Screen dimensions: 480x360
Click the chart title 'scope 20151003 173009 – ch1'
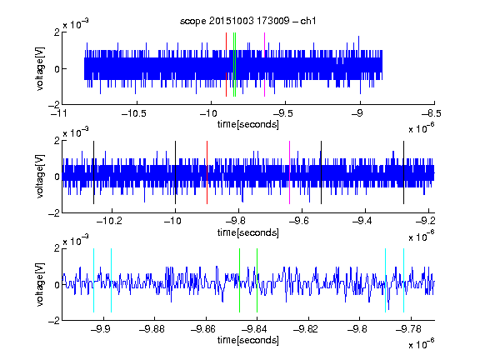(x=247, y=21)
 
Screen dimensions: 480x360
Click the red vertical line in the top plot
(x=226, y=65)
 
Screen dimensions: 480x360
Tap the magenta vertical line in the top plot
(x=264, y=65)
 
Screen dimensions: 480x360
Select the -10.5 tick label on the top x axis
(x=134, y=113)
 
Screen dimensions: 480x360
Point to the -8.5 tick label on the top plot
(x=432, y=113)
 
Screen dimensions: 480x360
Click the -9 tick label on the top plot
(x=357, y=113)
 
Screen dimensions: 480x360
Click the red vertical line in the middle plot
(x=207, y=172)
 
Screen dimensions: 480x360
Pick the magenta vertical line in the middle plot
(x=290, y=172)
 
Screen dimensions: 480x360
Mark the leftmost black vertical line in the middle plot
(x=93, y=172)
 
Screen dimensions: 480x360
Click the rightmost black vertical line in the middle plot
(x=404, y=172)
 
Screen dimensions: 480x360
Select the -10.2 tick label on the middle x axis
(x=109, y=221)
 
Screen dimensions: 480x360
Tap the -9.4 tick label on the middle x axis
(x=362, y=221)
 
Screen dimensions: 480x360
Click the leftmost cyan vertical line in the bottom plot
(x=93, y=280)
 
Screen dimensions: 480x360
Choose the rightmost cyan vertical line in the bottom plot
(x=404, y=280)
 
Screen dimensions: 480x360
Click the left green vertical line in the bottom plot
(x=239, y=280)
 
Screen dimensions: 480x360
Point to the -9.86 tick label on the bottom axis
(x=203, y=329)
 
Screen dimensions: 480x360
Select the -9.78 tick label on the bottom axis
(x=408, y=329)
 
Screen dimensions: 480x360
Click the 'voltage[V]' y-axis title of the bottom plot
(x=40, y=284)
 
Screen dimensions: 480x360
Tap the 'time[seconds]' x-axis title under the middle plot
(x=248, y=233)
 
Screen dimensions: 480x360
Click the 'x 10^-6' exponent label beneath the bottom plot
(x=422, y=344)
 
